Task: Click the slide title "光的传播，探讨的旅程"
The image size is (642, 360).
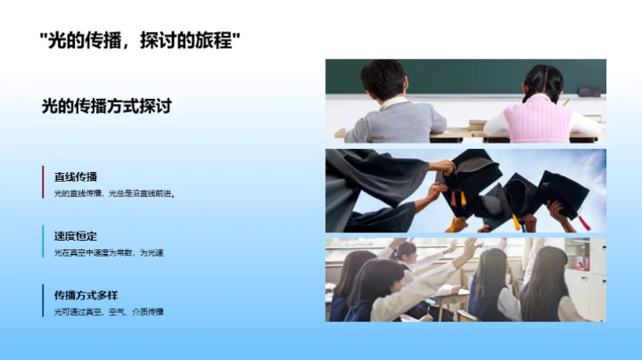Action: tap(141, 41)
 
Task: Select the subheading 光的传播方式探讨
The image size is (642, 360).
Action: tap(106, 106)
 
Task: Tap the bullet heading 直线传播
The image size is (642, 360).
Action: tap(76, 176)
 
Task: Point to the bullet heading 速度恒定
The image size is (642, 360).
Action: tap(76, 236)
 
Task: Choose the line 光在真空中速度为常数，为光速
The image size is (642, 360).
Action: tap(109, 252)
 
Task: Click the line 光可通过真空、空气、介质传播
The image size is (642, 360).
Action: tap(109, 311)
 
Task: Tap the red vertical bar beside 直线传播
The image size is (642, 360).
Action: tap(43, 183)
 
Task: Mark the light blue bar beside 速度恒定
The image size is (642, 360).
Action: tap(43, 241)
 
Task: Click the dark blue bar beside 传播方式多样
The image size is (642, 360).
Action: tap(43, 301)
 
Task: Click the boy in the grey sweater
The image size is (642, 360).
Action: tap(392, 111)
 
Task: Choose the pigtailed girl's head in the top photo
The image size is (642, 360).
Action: tap(542, 82)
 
